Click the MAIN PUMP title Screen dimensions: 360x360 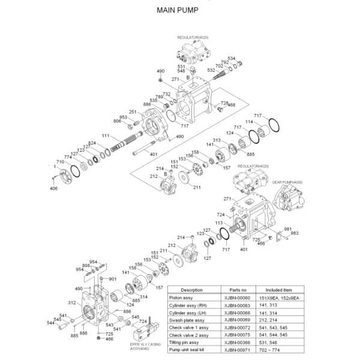click(180, 10)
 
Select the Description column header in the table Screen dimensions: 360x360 click(191, 289)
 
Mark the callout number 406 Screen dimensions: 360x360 click(54, 188)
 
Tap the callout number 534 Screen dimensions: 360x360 click(232, 58)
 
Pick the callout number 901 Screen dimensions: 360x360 click(112, 279)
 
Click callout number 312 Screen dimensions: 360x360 click(71, 303)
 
